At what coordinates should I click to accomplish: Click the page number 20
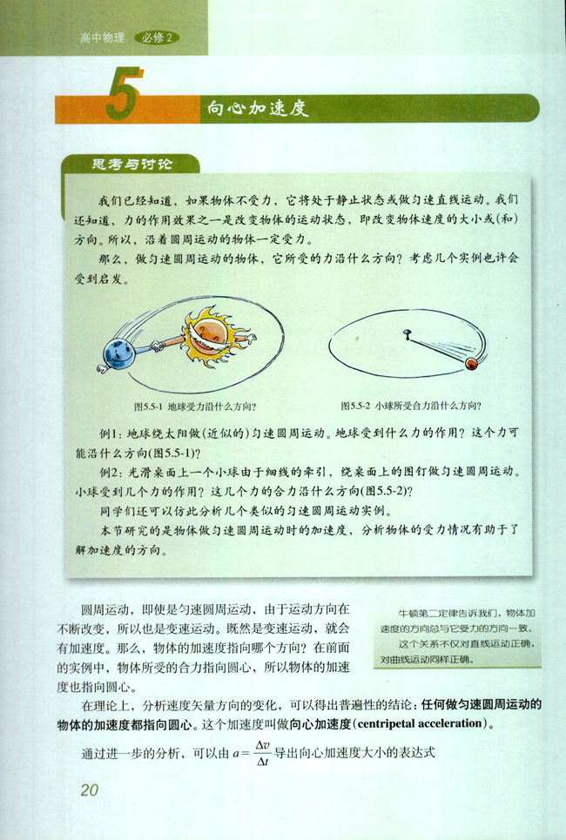click(x=90, y=790)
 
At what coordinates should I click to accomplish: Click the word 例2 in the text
click(x=111, y=472)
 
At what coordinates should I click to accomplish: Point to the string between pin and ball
click(x=440, y=346)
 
